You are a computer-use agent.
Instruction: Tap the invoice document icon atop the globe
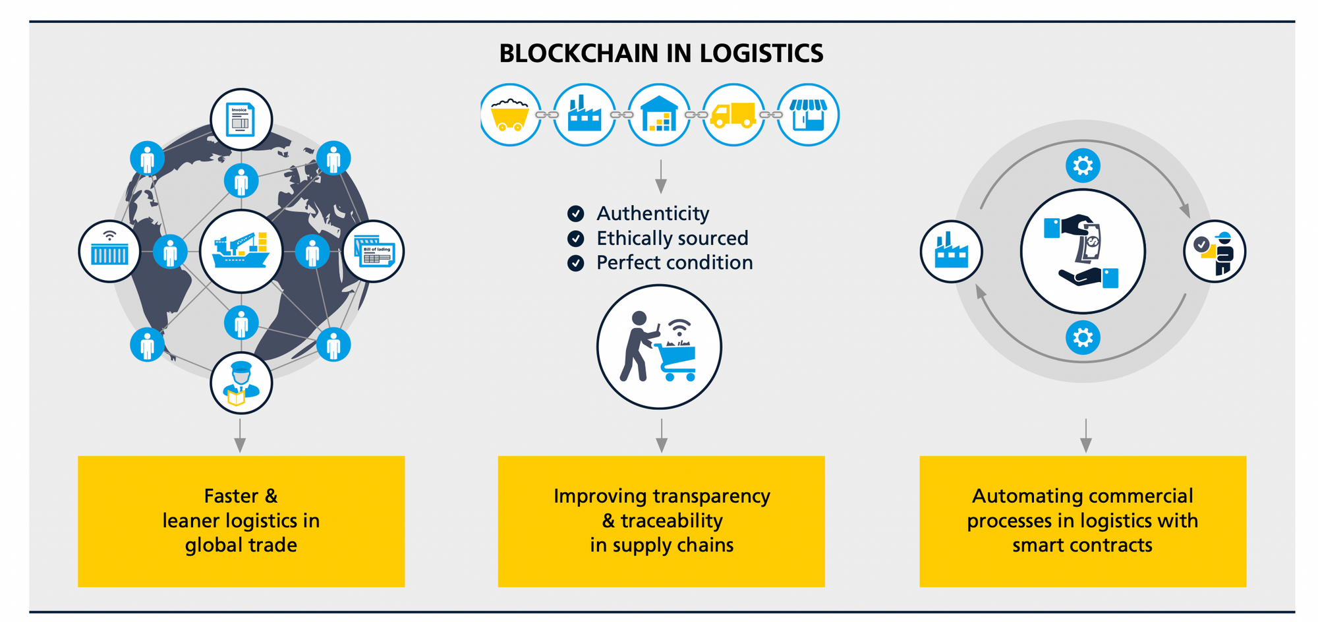pos(241,120)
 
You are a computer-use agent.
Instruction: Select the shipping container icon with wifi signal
pos(109,251)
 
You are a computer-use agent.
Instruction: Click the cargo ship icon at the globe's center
pos(241,251)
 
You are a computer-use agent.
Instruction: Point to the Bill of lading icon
pos(374,251)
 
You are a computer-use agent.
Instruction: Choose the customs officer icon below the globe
pos(241,383)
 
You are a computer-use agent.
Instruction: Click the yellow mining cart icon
pos(511,115)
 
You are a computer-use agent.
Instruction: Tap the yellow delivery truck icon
pos(733,115)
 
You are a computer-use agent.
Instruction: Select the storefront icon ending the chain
pos(808,115)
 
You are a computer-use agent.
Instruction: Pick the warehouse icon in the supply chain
pos(659,115)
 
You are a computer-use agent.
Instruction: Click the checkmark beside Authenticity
pos(575,213)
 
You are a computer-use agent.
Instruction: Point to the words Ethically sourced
pos(672,238)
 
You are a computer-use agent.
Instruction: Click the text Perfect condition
pos(674,263)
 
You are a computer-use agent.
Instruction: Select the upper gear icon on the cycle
pos(1083,165)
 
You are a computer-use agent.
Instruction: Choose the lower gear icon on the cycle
pos(1083,338)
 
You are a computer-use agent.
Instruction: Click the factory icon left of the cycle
pos(951,251)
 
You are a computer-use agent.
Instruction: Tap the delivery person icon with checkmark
pos(1215,251)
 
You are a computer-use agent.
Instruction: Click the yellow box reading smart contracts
pos(1083,521)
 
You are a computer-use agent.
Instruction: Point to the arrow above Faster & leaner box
pos(241,436)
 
